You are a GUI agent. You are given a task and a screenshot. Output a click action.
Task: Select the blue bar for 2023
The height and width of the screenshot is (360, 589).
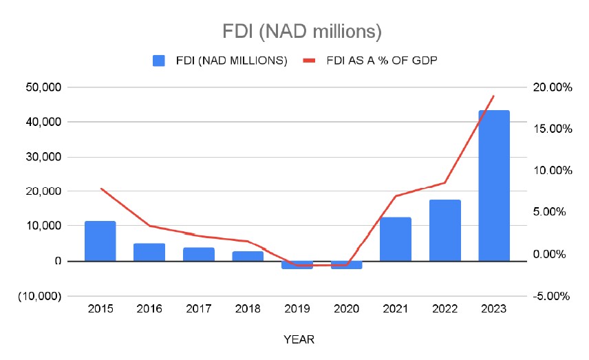pyautogui.click(x=494, y=185)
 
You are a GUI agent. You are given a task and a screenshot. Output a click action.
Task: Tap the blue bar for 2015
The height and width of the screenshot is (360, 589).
pyautogui.click(x=100, y=241)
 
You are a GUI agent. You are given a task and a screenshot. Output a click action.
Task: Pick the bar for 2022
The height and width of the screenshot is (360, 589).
pyautogui.click(x=445, y=230)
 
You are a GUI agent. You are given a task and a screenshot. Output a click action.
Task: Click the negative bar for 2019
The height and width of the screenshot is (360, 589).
pyautogui.click(x=297, y=265)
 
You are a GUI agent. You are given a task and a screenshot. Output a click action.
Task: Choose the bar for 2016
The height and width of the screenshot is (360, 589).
pyautogui.click(x=149, y=252)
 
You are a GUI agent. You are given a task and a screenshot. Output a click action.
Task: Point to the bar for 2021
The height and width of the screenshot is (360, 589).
pyautogui.click(x=396, y=239)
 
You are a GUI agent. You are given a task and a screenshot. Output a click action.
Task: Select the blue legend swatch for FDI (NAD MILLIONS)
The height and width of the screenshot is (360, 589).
pyautogui.click(x=159, y=61)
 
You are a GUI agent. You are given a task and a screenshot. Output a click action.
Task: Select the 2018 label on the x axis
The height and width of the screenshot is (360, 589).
pyautogui.click(x=248, y=309)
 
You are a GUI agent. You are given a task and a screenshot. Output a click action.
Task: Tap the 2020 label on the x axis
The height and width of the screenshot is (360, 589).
pyautogui.click(x=347, y=309)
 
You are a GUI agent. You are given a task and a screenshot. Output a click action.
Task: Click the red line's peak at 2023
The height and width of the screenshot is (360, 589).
pyautogui.click(x=494, y=96)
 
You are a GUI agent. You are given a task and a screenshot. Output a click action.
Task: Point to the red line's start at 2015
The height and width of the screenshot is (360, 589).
pyautogui.click(x=101, y=189)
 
